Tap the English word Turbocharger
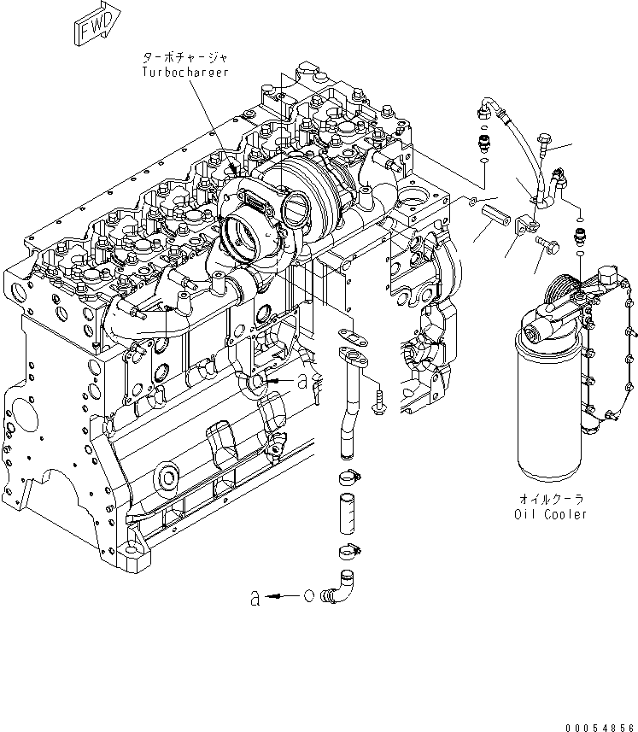pos(185,73)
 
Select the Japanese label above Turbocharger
pos(185,58)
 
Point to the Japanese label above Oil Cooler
pos(551,498)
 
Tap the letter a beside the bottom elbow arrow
pos(255,599)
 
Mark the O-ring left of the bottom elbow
pos(310,596)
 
